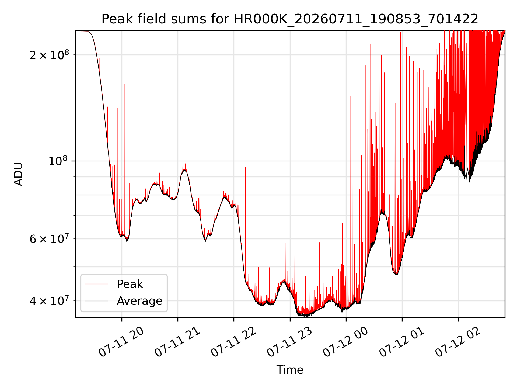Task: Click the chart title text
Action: point(290,19)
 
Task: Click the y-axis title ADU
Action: point(18,174)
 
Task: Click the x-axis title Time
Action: point(290,370)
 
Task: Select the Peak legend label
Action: point(130,284)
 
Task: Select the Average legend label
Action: point(139,301)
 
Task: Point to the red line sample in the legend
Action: point(96,284)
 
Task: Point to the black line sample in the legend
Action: point(96,301)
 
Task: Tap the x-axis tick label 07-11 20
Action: point(121,342)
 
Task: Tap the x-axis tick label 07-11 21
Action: point(177,342)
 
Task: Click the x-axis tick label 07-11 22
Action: point(233,342)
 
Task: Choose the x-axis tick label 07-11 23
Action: point(290,342)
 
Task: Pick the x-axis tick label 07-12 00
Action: point(346,342)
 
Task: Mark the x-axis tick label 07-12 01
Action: point(402,342)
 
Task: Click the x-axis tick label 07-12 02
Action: point(458,342)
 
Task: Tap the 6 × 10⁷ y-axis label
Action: point(49,239)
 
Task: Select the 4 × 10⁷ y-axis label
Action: point(49,301)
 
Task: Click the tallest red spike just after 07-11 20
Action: point(125,159)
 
